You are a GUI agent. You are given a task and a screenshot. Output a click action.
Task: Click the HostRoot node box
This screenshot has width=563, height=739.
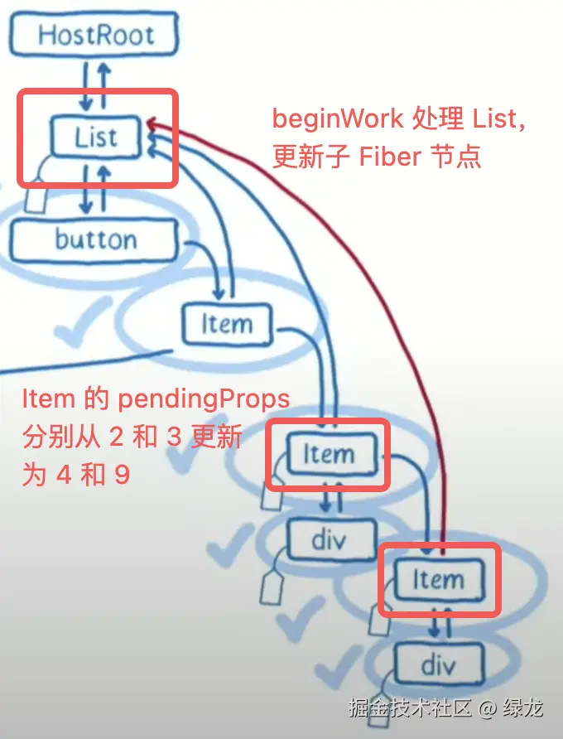click(x=95, y=34)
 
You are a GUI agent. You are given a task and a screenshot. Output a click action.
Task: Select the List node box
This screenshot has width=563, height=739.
click(x=96, y=138)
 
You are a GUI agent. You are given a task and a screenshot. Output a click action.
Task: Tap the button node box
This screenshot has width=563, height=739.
click(x=95, y=240)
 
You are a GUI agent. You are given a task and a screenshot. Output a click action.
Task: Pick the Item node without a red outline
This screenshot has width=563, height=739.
click(x=226, y=324)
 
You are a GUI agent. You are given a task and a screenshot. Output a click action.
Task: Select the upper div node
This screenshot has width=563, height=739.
click(x=328, y=540)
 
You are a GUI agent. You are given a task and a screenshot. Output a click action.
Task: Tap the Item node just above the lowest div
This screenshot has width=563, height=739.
click(x=438, y=579)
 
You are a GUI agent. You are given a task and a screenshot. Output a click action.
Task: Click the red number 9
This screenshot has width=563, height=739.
click(x=121, y=477)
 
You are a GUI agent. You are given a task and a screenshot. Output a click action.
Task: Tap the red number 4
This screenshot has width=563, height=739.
click(x=63, y=477)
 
